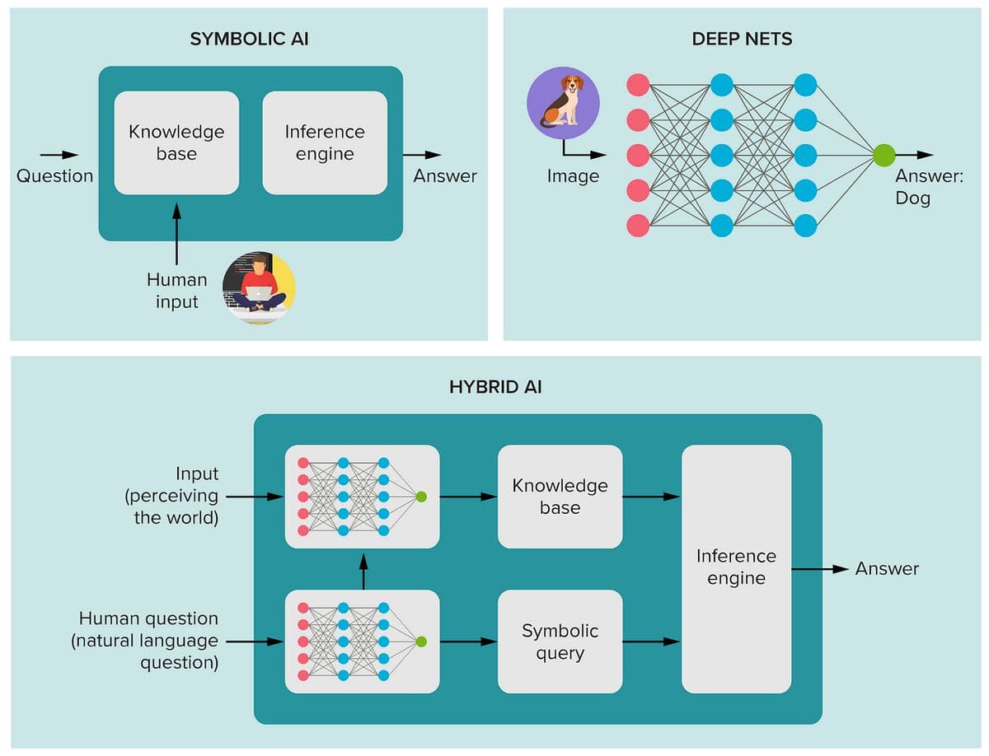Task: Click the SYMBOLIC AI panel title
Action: coord(249,39)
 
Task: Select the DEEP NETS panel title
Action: coord(742,39)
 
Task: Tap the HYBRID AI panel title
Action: coord(495,386)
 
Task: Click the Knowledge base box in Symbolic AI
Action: coord(176,142)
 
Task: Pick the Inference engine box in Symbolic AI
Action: coord(325,142)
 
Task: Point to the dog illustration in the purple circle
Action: coord(563,103)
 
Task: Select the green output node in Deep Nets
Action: coord(884,155)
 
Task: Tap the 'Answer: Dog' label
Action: coord(929,187)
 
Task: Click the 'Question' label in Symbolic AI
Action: coord(54,175)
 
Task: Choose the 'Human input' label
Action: coord(176,291)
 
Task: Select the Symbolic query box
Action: coord(560,642)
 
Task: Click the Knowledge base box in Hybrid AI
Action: coord(560,497)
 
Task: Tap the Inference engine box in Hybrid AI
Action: coord(736,568)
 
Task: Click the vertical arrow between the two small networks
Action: coord(363,571)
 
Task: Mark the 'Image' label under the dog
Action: coord(573,176)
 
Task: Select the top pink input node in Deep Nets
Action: coord(638,85)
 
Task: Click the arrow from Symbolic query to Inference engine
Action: coord(651,642)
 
